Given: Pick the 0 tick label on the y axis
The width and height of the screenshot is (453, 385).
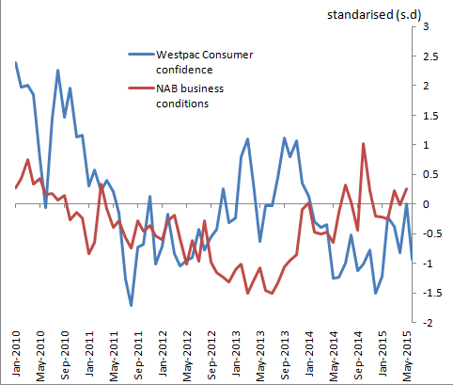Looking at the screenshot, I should pos(427,204).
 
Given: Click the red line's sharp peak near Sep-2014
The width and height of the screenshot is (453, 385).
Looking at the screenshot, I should pos(363,144).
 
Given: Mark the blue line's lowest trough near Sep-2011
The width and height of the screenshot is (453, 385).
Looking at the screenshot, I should pos(132,305).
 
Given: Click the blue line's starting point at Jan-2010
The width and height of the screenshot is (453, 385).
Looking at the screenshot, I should pos(17,63).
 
